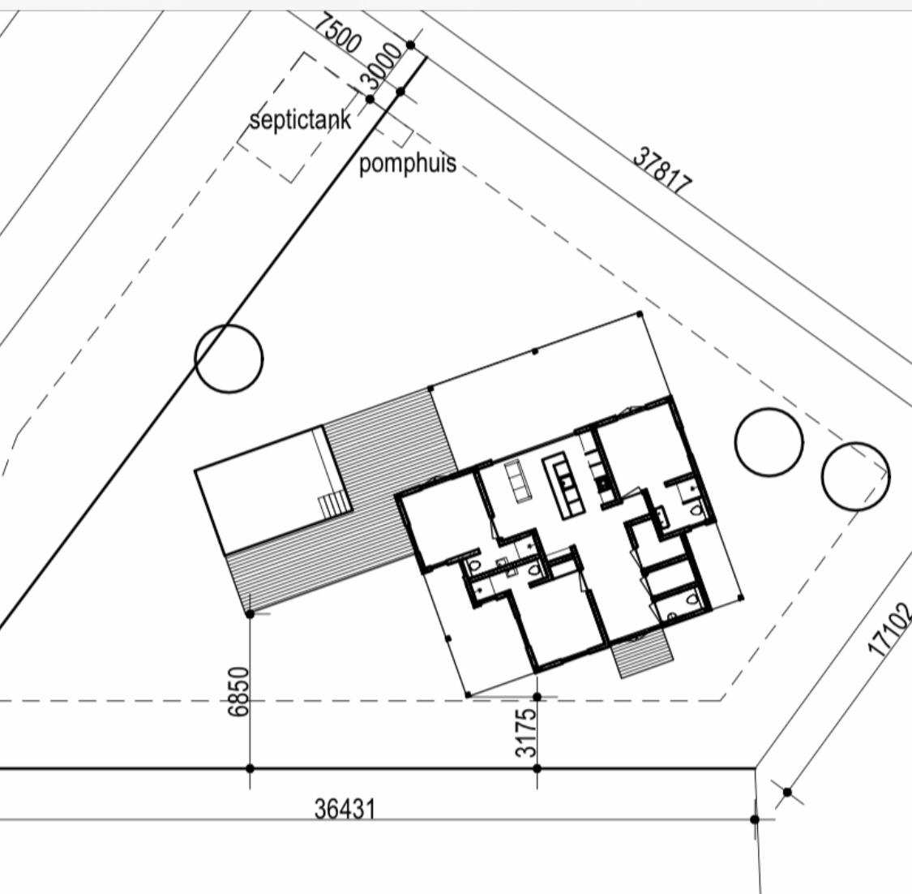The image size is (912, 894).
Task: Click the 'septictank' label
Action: pos(300,119)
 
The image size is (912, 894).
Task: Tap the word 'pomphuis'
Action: pos(407,164)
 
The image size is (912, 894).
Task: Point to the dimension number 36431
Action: pos(345,809)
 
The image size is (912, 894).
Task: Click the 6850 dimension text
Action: pos(238,691)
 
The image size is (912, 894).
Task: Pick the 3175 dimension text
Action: pos(526,733)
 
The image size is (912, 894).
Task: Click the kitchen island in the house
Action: pos(563,487)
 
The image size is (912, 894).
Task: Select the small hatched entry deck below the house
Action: pos(642,653)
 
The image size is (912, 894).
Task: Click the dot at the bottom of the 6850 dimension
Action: pos(250,768)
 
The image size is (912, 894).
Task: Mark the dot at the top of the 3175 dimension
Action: pos(537,697)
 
